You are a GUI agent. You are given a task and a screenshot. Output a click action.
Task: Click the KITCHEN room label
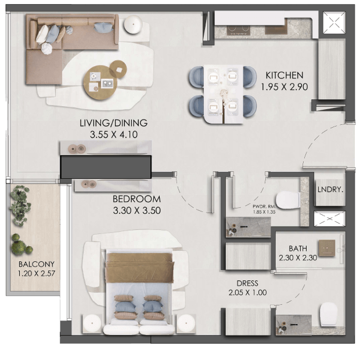285,75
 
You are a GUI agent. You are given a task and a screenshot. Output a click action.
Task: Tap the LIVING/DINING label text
114,123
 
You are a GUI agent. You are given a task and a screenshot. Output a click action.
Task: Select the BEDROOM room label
136,199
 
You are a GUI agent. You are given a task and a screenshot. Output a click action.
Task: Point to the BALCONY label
36,264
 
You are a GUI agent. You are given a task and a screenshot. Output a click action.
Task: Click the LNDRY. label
330,190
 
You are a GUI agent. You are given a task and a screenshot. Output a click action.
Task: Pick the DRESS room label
247,283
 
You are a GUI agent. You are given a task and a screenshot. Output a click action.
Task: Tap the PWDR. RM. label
264,206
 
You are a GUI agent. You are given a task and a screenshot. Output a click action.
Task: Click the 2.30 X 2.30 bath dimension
298,258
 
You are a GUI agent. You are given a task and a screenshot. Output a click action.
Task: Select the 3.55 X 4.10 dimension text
114,135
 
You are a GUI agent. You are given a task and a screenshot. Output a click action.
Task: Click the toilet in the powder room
288,200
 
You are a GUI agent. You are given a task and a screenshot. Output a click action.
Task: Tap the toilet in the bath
329,314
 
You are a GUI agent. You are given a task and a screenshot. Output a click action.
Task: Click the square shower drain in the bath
326,248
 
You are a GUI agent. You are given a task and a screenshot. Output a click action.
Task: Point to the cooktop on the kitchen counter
239,30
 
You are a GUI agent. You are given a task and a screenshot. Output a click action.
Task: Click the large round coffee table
100,82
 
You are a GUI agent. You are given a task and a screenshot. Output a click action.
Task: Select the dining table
223,94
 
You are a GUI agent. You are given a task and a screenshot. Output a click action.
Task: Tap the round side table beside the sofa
134,24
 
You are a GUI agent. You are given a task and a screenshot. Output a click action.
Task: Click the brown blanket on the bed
139,268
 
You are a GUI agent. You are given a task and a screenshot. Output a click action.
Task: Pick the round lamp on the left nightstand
92,323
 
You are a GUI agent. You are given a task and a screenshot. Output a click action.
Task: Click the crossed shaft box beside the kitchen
334,22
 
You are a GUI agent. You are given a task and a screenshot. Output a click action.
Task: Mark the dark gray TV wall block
106,167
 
